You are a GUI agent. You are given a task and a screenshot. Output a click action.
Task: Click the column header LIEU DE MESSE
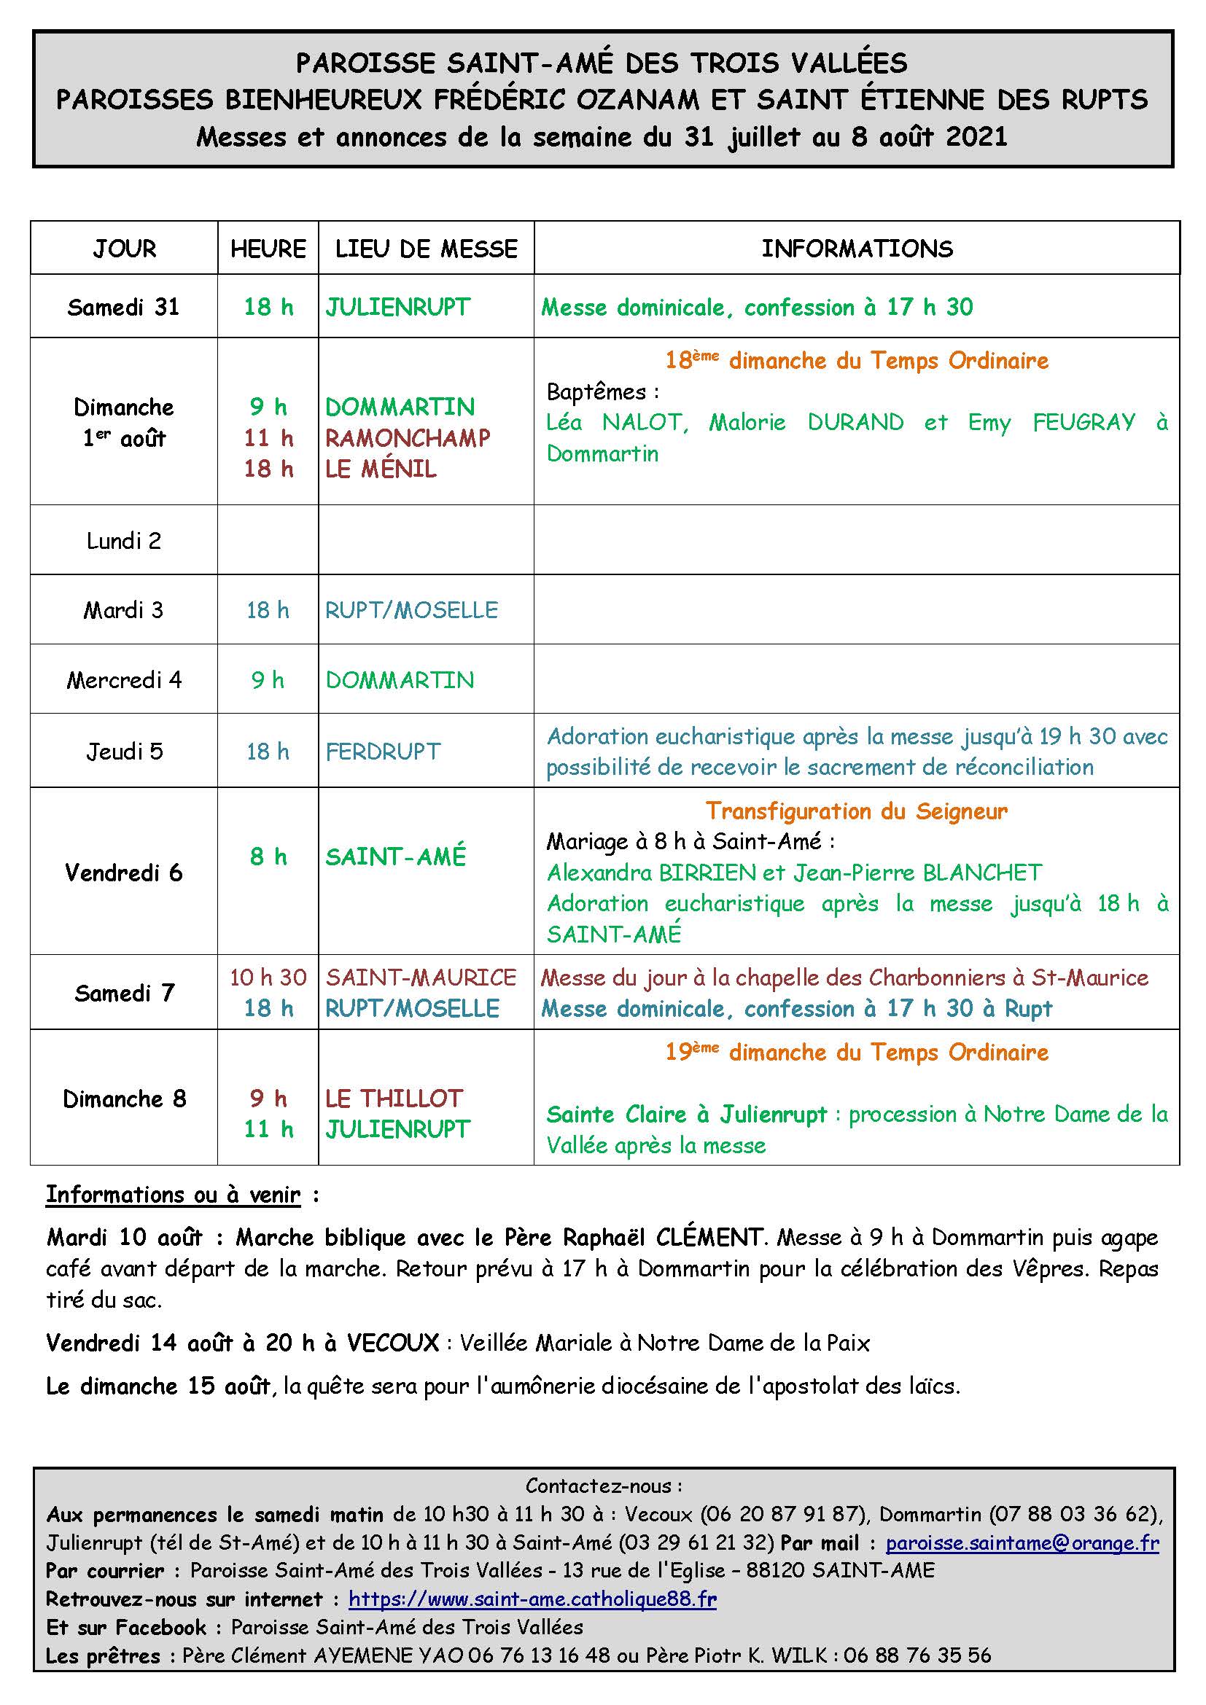point(426,249)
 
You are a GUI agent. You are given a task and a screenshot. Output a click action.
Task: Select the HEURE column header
point(268,249)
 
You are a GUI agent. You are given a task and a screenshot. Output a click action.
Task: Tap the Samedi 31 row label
point(123,307)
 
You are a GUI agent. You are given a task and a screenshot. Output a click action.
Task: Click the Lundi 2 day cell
point(123,541)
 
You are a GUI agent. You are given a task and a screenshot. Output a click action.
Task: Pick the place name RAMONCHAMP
point(408,438)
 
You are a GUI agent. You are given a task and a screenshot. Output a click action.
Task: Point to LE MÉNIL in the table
point(381,469)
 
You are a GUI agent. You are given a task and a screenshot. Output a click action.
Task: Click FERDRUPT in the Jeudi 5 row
point(384,752)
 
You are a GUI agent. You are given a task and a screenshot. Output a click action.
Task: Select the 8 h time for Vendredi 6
point(268,857)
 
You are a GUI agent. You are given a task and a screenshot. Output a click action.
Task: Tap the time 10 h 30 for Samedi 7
point(268,978)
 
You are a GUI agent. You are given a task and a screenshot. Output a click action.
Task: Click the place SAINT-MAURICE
point(421,978)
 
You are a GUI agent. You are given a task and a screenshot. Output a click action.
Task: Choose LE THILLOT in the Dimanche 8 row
point(394,1099)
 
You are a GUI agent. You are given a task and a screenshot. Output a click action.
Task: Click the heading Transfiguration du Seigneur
point(856,811)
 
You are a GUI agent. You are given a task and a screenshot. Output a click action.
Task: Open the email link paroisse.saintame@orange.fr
point(1022,1543)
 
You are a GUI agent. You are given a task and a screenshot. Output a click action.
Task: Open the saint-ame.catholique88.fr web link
point(532,1599)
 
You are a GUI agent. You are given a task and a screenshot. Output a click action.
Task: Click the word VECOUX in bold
point(393,1343)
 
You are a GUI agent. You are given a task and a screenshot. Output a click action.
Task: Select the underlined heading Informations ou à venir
point(173,1195)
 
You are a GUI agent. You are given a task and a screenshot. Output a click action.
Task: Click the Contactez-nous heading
point(603,1486)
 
